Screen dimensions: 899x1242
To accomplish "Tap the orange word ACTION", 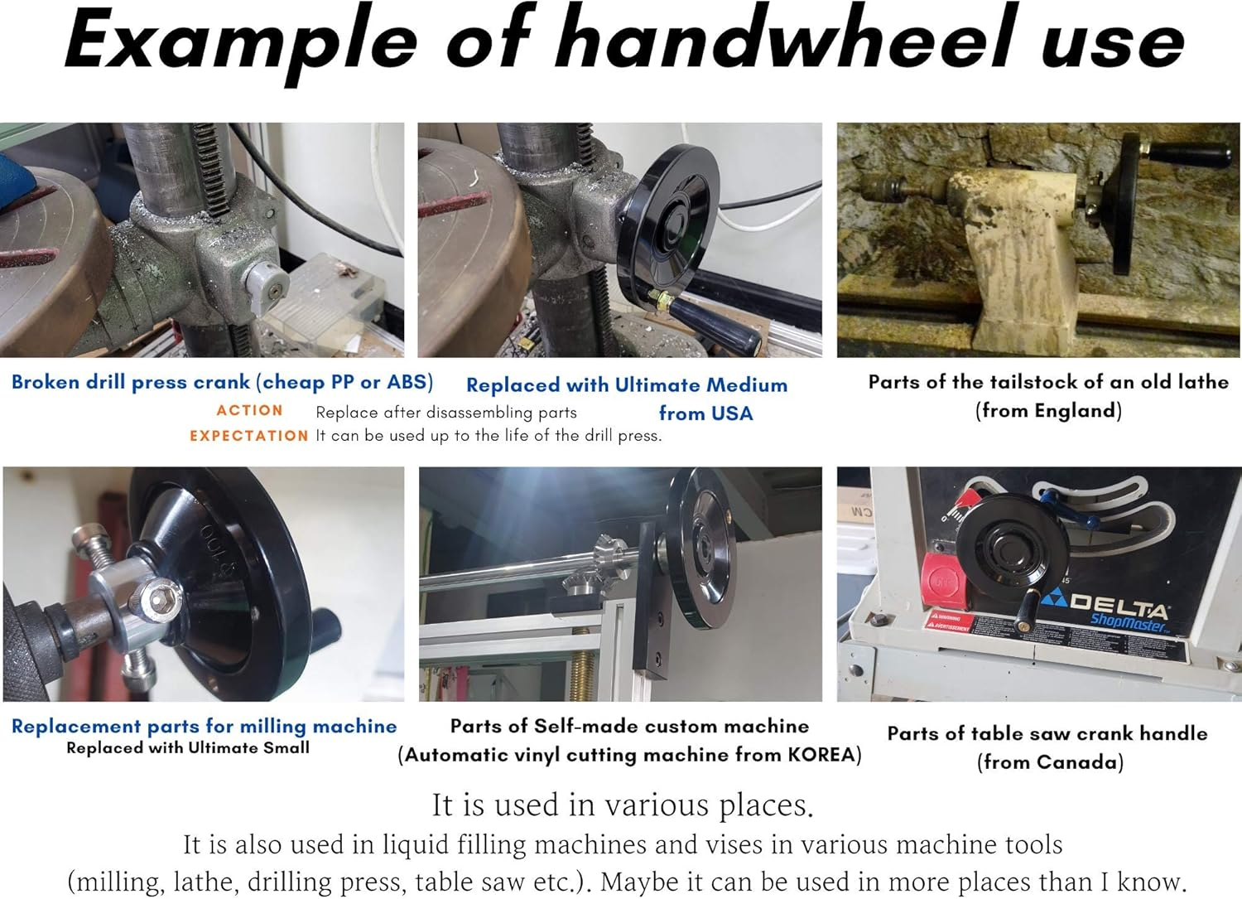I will point(249,410).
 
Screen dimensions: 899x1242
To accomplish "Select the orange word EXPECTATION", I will point(248,436).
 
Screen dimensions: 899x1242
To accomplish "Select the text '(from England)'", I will point(1048,410).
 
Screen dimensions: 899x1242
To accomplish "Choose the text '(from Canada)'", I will point(1050,762).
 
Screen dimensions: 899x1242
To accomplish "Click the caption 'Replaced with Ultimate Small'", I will point(188,747).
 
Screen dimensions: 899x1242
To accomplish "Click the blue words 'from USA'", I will point(705,413).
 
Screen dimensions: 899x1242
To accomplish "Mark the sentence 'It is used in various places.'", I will point(623,805).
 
